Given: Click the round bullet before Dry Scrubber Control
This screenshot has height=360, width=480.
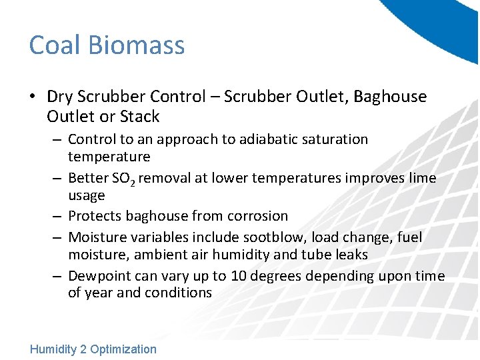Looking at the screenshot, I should tap(33, 97).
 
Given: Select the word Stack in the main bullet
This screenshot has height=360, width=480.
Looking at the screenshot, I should tap(140, 117).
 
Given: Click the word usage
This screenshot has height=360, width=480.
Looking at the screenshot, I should tap(87, 195).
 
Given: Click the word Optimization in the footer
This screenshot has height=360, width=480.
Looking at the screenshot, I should tap(123, 349).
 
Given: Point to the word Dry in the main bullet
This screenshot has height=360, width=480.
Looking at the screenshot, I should tap(59, 97).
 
